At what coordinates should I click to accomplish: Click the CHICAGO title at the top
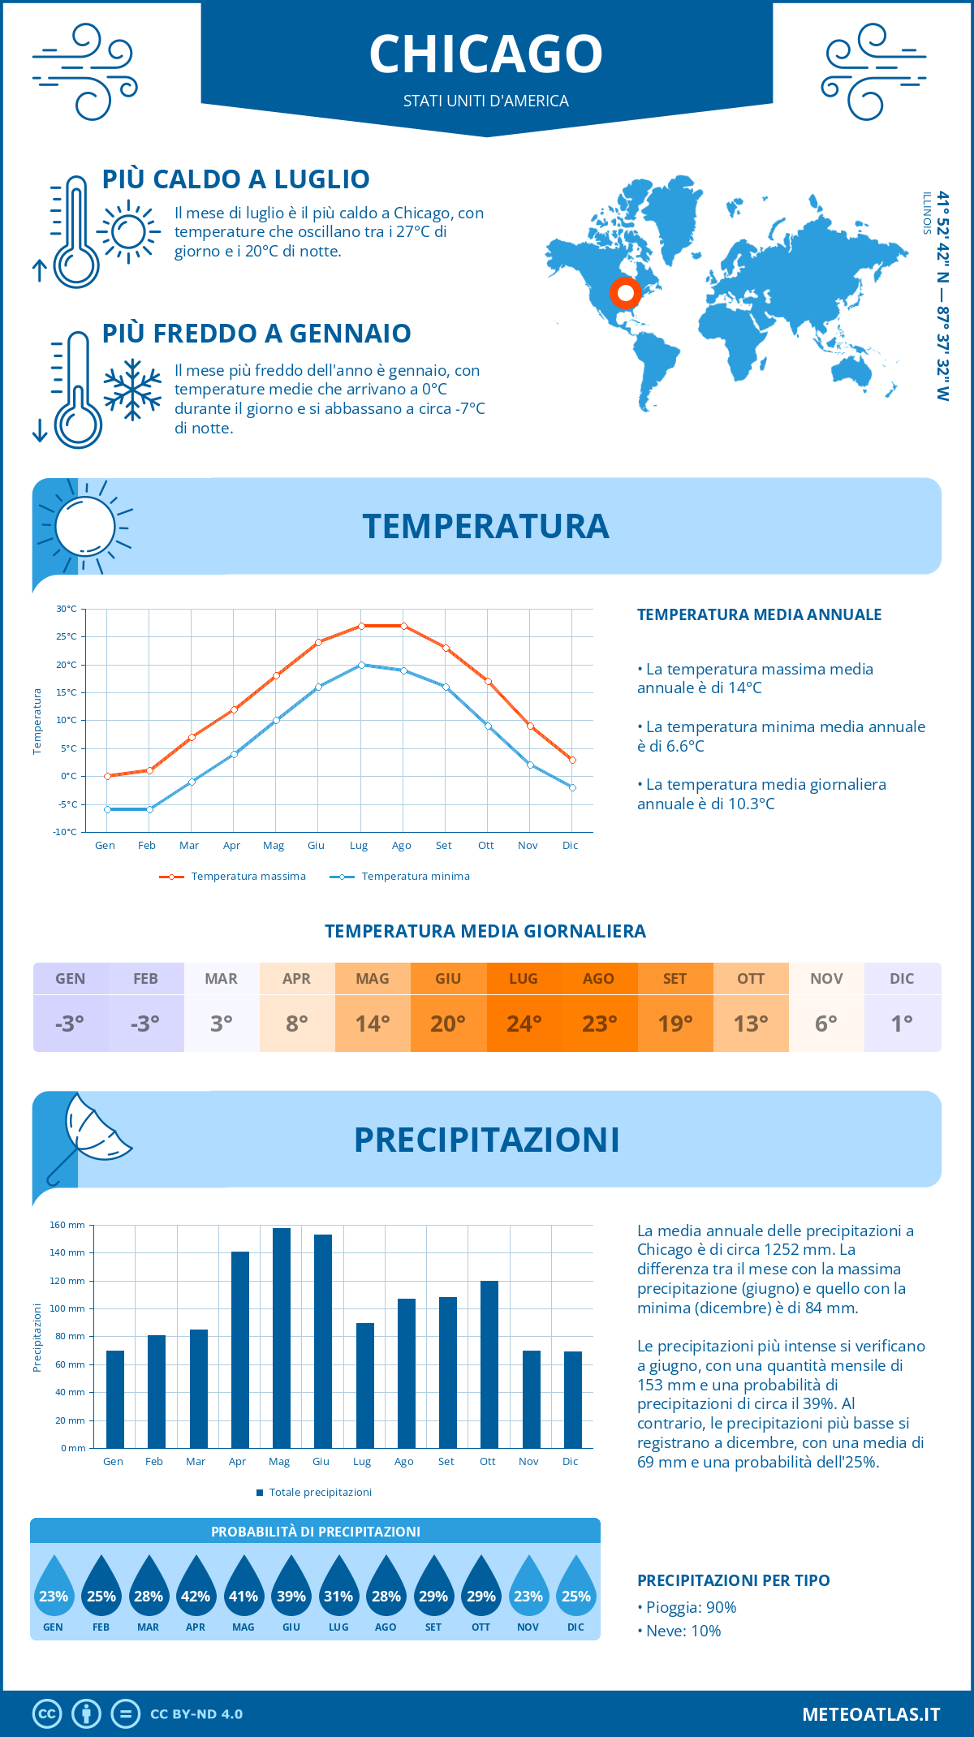pos(486,54)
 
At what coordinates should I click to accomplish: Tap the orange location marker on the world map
pos(625,292)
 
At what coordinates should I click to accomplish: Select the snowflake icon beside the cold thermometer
pos(132,390)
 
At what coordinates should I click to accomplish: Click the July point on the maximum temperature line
pos(361,626)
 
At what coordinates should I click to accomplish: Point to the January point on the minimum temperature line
pos(107,809)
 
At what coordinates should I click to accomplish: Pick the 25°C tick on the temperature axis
pos(67,636)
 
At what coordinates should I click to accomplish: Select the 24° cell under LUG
pos(524,1024)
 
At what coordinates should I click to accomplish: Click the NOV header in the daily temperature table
pos(826,979)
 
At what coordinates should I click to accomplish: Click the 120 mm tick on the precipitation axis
pos(68,1281)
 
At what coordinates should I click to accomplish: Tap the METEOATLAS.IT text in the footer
pos(871,1714)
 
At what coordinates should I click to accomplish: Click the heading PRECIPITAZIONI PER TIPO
pos(733,1580)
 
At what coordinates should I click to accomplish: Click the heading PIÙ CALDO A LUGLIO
pos(235,179)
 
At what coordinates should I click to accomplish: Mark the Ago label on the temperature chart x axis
pos(401,846)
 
